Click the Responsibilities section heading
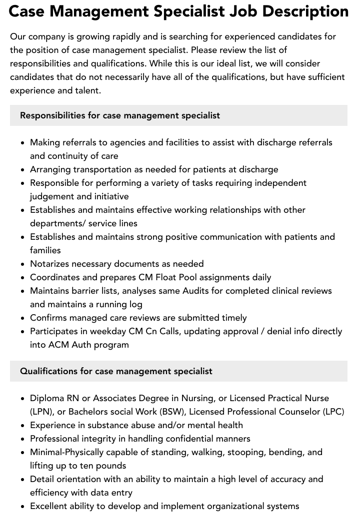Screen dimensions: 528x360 (x=120, y=115)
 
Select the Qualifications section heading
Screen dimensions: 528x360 (x=116, y=371)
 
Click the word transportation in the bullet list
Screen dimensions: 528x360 (x=100, y=169)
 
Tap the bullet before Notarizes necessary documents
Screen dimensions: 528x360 (x=23, y=264)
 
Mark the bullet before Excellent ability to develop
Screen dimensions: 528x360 (x=23, y=507)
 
